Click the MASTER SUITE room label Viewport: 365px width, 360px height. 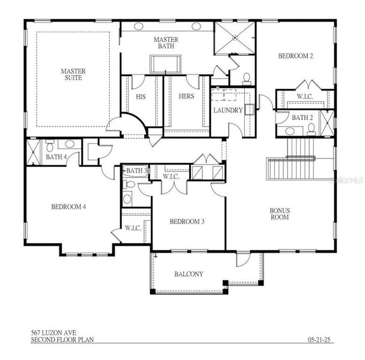pyautogui.click(x=73, y=75)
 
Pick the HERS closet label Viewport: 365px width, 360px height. pyautogui.click(x=186, y=97)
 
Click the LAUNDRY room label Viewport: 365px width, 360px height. pyautogui.click(x=228, y=110)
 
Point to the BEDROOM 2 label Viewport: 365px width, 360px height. pyautogui.click(x=296, y=56)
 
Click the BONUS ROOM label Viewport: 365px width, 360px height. pyautogui.click(x=280, y=214)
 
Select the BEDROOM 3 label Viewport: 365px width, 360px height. pyautogui.click(x=187, y=221)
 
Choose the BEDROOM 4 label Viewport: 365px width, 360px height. pyautogui.click(x=68, y=206)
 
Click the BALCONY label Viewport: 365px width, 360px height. pyautogui.click(x=189, y=274)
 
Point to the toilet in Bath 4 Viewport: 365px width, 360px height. pyautogui.click(x=50, y=145)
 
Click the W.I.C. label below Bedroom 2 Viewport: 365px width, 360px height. pyautogui.click(x=305, y=97)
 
